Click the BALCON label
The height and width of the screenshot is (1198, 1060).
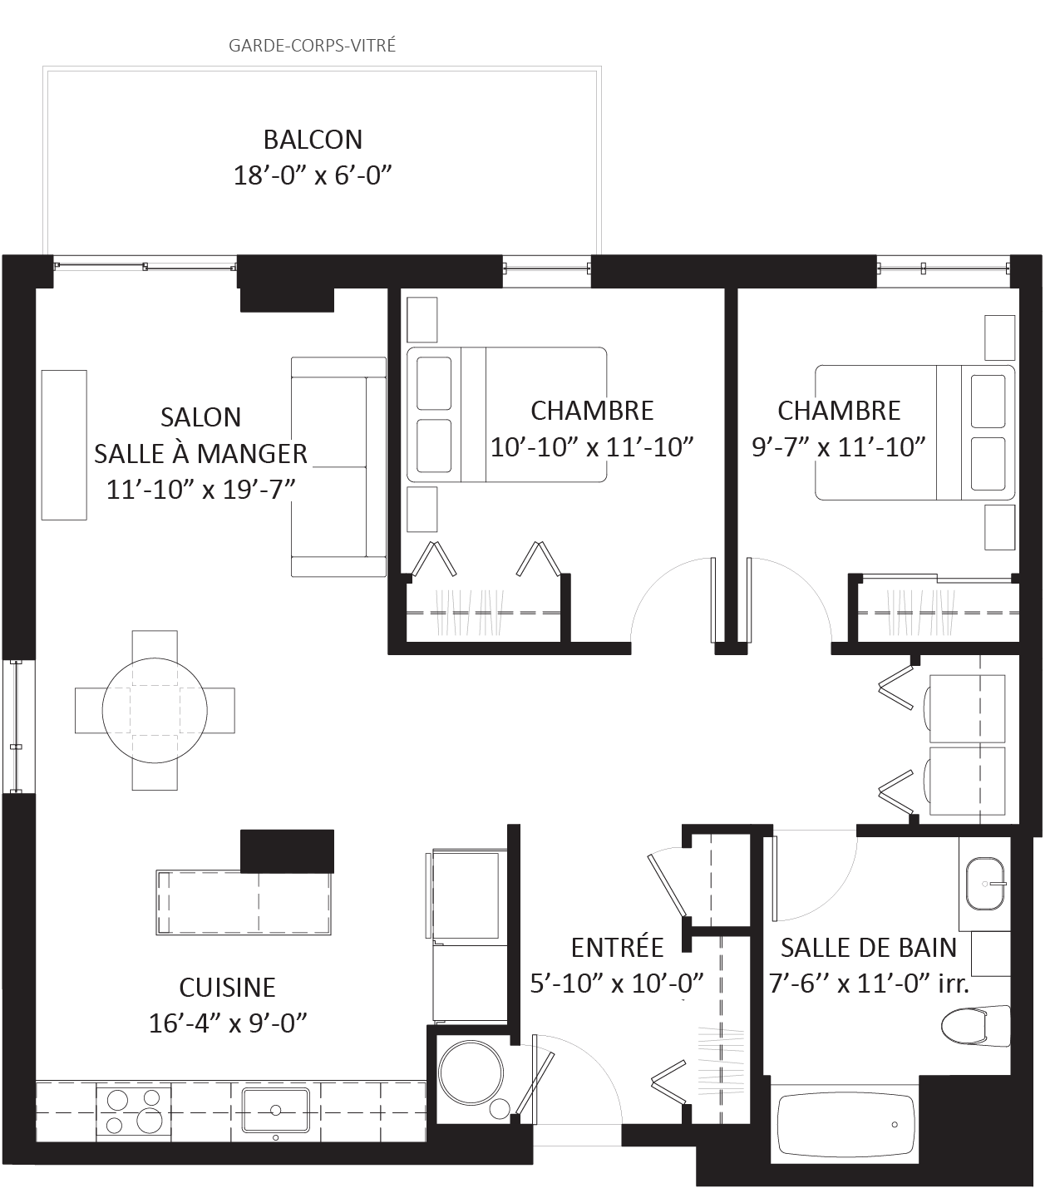pyautogui.click(x=313, y=140)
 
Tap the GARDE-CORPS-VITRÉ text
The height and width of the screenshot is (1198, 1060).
pyautogui.click(x=313, y=44)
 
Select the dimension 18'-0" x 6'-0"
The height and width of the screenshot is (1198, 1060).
pyautogui.click(x=313, y=175)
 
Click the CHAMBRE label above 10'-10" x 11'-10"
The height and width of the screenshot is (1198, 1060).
pyautogui.click(x=592, y=411)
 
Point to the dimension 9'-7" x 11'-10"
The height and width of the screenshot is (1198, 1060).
pyautogui.click(x=838, y=447)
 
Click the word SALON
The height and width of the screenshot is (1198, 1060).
pyautogui.click(x=201, y=417)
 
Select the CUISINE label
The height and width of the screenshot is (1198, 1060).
pyautogui.click(x=227, y=988)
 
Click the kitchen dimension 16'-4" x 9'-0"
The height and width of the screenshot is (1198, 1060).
pyautogui.click(x=227, y=1023)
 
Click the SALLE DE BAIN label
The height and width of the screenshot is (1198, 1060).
pyautogui.click(x=868, y=948)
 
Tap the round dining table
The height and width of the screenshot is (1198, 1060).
pyautogui.click(x=154, y=711)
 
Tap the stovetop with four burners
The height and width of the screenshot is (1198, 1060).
pyautogui.click(x=134, y=1110)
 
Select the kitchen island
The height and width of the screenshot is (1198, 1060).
pyautogui.click(x=244, y=903)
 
